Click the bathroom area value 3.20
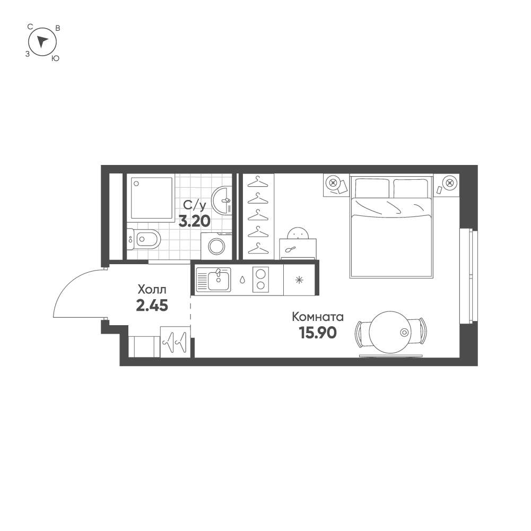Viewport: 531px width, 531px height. pos(195,221)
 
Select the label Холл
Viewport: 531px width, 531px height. pos(152,290)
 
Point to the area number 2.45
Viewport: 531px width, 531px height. pos(152,306)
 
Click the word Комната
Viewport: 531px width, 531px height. pos(318,317)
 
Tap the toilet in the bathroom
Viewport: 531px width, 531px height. pos(146,239)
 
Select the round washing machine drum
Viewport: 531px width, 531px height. pos(216,247)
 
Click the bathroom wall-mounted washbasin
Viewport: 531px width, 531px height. pos(223,200)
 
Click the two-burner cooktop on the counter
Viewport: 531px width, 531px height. pos(260,279)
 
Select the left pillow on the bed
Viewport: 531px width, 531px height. pos(372,188)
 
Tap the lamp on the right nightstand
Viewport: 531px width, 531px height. pos(450,183)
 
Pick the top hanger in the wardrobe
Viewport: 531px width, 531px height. pos(258,181)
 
